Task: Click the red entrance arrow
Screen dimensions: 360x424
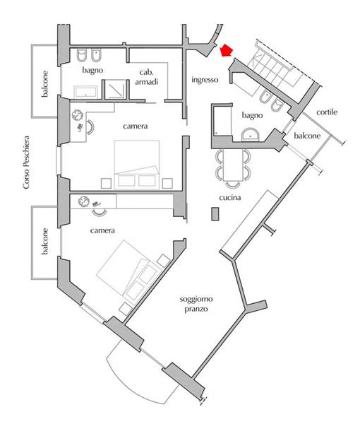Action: pos(227,51)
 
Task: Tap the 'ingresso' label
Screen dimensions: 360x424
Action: pos(205,80)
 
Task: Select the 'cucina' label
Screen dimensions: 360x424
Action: pos(230,198)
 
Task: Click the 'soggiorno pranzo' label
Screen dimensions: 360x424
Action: pos(196,304)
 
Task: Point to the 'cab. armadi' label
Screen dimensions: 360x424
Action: pos(146,77)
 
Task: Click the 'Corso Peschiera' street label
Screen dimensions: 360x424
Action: pos(26,163)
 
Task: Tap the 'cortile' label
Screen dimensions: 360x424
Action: pos(327,112)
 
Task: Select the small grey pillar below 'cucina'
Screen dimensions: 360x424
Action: pos(215,214)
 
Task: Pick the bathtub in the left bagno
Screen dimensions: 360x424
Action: pos(85,92)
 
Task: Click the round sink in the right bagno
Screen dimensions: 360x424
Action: pos(250,134)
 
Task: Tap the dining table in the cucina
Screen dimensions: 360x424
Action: pos(233,165)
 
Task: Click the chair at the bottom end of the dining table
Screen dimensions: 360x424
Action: pos(233,184)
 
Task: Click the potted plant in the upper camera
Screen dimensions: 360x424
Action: pos(78,114)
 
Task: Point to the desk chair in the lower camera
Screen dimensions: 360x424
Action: pos(99,213)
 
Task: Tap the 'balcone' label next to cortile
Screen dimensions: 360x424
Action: pos(307,136)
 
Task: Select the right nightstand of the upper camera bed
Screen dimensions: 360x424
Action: pos(167,183)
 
